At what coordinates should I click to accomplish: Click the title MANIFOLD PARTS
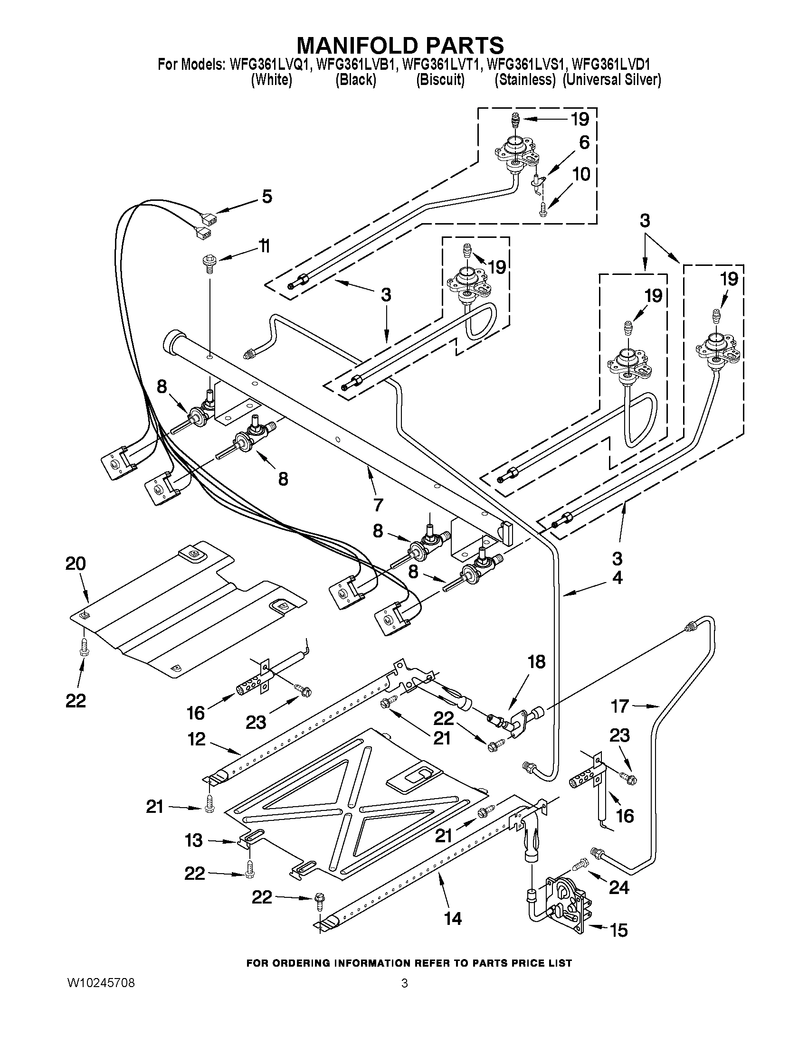click(x=400, y=46)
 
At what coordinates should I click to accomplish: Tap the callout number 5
click(x=266, y=196)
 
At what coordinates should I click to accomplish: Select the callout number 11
click(x=264, y=246)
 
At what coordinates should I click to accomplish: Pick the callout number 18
click(x=536, y=662)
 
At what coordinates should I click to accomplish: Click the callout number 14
click(x=452, y=918)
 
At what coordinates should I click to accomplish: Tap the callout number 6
click(x=584, y=142)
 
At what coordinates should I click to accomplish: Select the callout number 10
click(x=581, y=174)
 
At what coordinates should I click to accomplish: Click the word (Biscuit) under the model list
click(x=440, y=80)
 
